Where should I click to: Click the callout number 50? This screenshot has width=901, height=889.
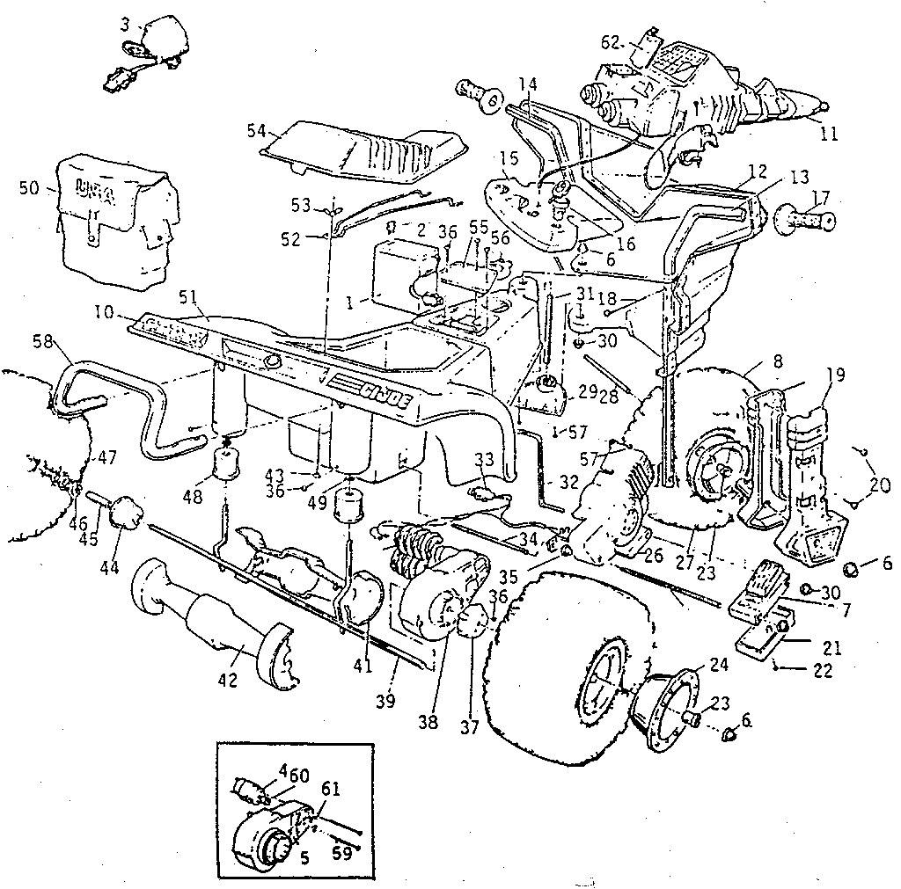click(28, 188)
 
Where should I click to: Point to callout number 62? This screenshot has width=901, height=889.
click(612, 42)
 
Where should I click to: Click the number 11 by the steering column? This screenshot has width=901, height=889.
click(828, 135)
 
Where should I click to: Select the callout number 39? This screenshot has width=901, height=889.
click(386, 700)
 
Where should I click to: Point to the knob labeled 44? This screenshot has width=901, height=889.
click(128, 511)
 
